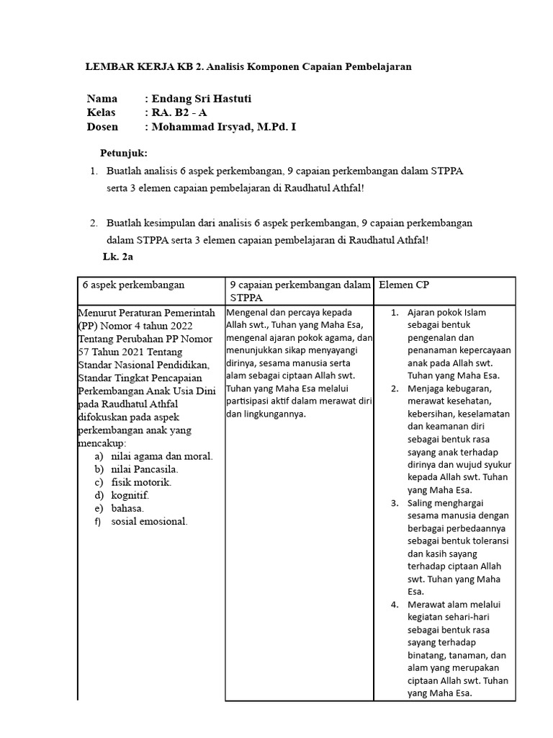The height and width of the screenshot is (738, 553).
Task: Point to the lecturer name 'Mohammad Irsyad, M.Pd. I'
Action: click(x=222, y=127)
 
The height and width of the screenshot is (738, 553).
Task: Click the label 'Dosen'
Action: click(x=103, y=127)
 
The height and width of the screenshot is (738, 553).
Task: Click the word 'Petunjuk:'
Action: click(x=123, y=154)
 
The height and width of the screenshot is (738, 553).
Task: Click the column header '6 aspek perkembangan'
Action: click(x=134, y=285)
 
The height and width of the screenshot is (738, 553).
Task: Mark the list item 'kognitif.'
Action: click(x=130, y=495)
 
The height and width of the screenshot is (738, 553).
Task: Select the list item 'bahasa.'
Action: click(x=128, y=508)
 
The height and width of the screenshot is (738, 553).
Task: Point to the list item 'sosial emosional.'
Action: click(x=149, y=521)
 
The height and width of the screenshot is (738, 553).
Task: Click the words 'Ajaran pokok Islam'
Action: click(x=446, y=312)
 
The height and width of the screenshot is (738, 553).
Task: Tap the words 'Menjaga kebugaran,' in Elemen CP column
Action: click(x=447, y=388)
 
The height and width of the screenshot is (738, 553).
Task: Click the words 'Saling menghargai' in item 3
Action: click(x=446, y=502)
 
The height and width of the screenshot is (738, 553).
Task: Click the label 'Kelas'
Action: click(x=102, y=112)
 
